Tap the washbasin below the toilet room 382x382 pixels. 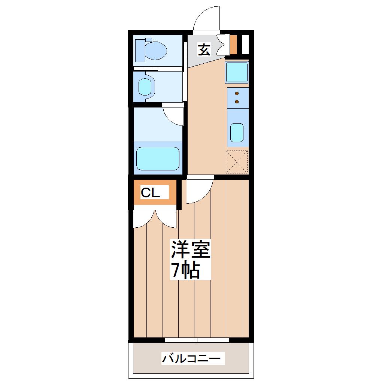pos(147,87)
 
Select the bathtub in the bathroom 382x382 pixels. pos(158,158)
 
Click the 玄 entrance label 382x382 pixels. pos(204,49)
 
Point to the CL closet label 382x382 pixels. pos(150,193)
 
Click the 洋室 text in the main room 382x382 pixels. pos(190,249)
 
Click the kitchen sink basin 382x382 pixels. pos(237,133)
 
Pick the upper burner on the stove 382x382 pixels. pos(237,93)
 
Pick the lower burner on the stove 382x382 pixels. pos(237,101)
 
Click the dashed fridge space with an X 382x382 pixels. pos(237,162)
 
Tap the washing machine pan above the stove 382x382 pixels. pos(237,72)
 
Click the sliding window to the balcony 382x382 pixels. pos(197,340)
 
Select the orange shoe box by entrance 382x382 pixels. pos(233,45)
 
